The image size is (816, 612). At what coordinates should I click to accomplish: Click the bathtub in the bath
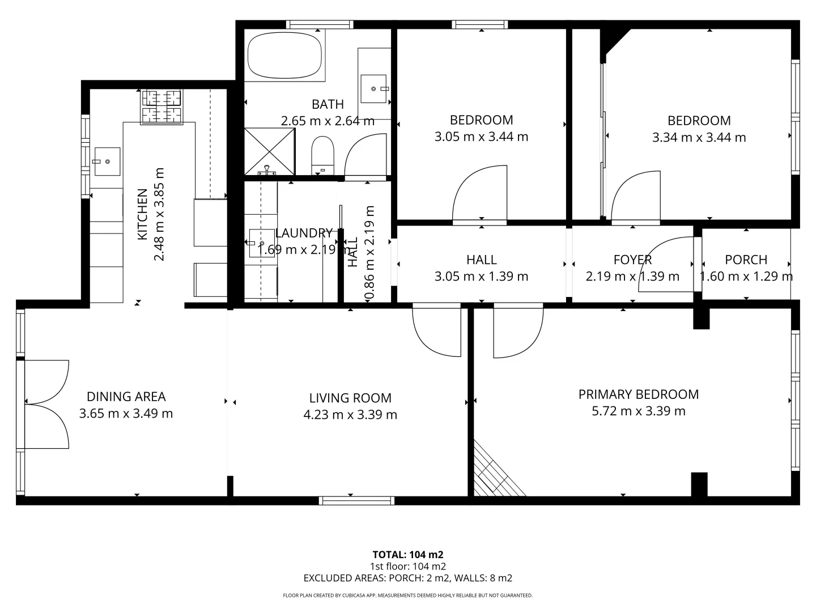click(284, 55)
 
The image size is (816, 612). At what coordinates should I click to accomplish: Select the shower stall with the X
click(270, 151)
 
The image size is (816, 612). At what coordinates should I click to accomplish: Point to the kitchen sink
click(107, 161)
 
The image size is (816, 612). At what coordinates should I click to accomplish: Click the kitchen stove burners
click(162, 107)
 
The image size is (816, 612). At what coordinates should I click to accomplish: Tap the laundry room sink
click(261, 243)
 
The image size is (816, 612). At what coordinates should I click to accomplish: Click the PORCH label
click(746, 260)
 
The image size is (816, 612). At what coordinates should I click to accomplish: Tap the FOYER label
click(632, 260)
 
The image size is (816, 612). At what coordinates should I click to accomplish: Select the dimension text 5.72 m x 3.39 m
click(638, 411)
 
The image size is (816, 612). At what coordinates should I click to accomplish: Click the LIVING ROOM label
click(350, 398)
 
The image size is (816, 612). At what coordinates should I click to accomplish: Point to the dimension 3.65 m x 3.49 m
click(126, 413)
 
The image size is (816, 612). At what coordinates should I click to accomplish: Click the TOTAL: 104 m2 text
click(407, 554)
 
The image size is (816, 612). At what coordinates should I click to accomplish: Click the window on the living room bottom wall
click(356, 500)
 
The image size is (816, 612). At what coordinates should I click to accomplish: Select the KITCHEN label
click(142, 214)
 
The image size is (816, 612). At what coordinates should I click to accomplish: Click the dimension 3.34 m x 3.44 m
click(699, 137)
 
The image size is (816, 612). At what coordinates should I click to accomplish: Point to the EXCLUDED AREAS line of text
click(407, 578)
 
